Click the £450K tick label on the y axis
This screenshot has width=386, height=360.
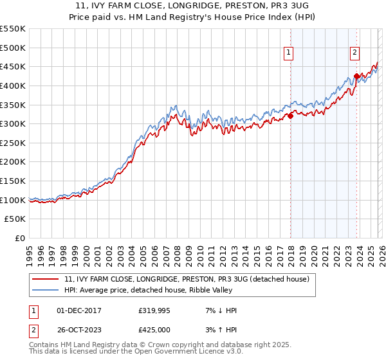tap(13, 66)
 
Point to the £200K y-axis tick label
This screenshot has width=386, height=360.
tap(13, 162)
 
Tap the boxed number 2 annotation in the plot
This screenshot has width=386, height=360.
tap(354, 53)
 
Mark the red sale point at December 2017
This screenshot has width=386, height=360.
tap(291, 116)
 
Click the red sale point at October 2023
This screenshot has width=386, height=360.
tap(356, 76)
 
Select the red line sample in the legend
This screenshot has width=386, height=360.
tap(46, 279)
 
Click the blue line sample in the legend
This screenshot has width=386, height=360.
tap(46, 290)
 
